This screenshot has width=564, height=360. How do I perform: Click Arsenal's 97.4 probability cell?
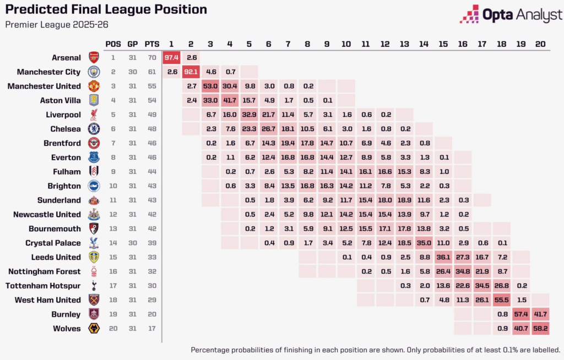tap(172, 57)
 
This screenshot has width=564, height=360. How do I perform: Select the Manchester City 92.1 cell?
tap(191, 72)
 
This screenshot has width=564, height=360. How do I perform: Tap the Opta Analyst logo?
tap(511, 14)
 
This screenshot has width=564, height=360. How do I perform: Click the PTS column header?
tap(152, 43)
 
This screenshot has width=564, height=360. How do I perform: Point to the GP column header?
tap(132, 43)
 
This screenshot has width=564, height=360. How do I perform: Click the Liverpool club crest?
tap(94, 114)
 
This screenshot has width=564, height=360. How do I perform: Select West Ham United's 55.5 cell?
tap(501, 300)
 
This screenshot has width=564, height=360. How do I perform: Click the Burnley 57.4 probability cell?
tap(520, 314)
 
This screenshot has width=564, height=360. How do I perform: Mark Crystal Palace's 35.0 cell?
tap(423, 243)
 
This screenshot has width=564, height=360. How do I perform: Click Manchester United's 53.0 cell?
tap(210, 86)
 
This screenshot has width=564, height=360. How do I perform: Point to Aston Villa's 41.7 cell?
tap(230, 100)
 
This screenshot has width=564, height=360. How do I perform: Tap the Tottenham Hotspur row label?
tap(43, 286)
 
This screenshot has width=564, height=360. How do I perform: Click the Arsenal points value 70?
tap(152, 57)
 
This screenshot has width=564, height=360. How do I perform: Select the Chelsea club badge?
tap(94, 129)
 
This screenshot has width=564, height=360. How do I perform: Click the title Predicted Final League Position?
tap(106, 10)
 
